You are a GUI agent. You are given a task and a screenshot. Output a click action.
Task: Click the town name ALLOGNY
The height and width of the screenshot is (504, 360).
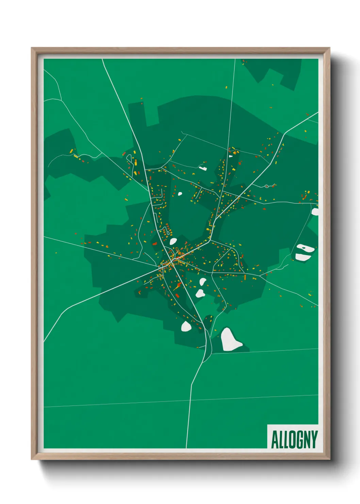point(294,439)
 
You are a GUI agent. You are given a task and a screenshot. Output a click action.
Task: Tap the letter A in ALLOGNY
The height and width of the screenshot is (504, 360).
point(274,439)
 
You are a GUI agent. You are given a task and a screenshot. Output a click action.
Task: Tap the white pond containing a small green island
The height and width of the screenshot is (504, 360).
point(305,248)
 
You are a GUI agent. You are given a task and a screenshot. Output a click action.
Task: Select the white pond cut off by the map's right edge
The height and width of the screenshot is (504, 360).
point(315,211)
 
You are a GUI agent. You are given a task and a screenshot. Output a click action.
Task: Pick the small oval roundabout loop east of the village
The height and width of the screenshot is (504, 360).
point(266,186)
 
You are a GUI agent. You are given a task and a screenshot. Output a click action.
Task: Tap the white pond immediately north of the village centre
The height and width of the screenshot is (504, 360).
point(173,241)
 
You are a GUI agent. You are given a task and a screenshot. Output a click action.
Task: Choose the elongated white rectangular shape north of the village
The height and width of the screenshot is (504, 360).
point(203,168)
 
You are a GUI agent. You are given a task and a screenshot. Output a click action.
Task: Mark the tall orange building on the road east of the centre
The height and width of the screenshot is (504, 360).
point(245,277)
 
